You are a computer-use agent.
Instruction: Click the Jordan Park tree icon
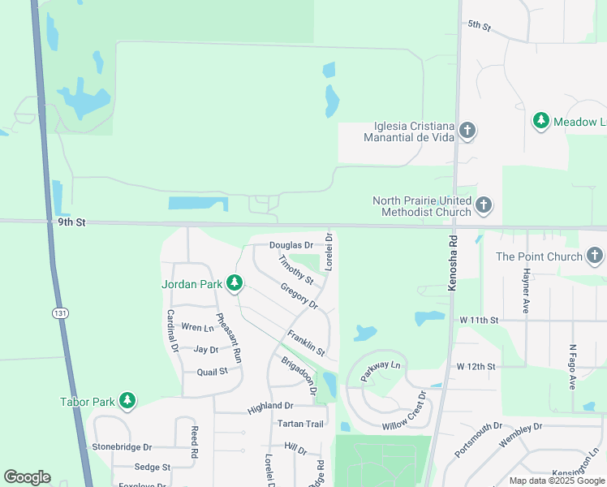click(235, 283)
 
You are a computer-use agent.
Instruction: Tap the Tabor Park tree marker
click(127, 401)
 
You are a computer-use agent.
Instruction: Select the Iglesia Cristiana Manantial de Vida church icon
click(467, 131)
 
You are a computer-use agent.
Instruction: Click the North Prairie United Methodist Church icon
click(484, 205)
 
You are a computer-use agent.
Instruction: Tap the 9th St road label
click(71, 221)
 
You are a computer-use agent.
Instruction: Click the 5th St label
click(480, 27)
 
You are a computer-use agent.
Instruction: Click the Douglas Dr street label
click(291, 244)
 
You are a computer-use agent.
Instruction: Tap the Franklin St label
click(306, 343)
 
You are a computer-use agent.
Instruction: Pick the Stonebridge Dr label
click(122, 446)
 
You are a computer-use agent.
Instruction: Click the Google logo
click(27, 477)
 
